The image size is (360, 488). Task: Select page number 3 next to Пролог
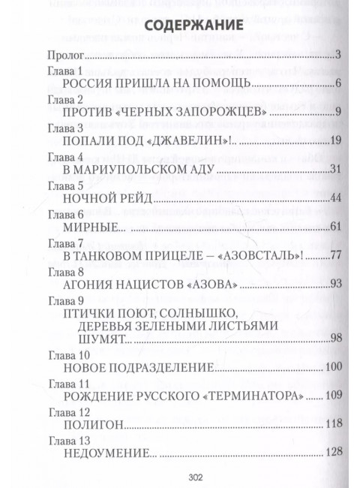(339, 56)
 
